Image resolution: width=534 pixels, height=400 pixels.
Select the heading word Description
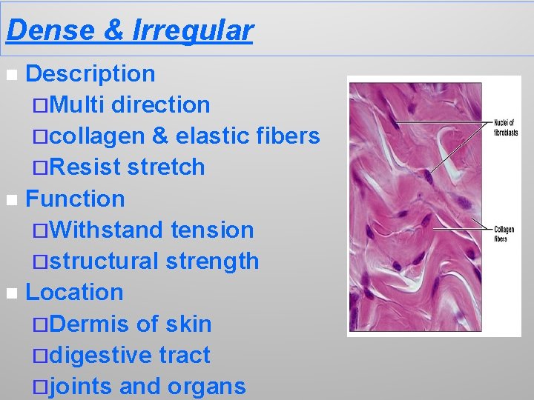pyautogui.click(x=90, y=73)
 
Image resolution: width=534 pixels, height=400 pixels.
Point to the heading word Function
pyautogui.click(x=75, y=199)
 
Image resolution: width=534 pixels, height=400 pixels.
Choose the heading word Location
pyautogui.click(x=74, y=292)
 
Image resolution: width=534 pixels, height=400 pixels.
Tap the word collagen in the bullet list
pyautogui.click(x=98, y=136)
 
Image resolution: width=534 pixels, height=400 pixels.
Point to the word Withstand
pyautogui.click(x=109, y=230)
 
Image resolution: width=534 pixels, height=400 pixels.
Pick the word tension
pyautogui.click(x=212, y=230)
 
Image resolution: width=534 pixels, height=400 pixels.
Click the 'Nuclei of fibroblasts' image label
pyautogui.click(x=506, y=127)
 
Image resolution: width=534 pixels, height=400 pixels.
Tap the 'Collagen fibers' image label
pyautogui.click(x=504, y=234)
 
